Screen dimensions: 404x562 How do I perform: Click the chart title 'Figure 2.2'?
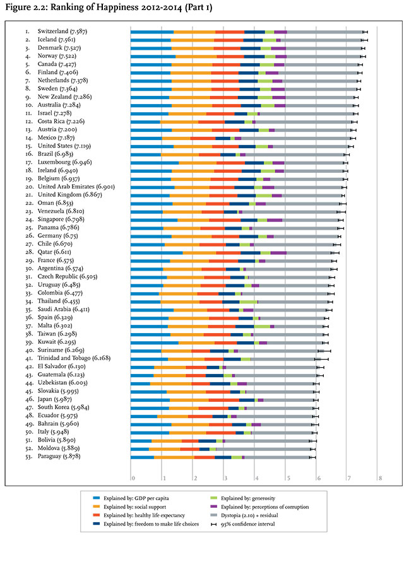pyautogui.click(x=25, y=7)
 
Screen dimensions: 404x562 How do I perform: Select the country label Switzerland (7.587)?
pyautogui.click(x=62, y=32)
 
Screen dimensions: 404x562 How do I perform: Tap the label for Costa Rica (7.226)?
pyautogui.click(x=61, y=122)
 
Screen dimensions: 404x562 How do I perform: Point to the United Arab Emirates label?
pyautogui.click(x=76, y=187)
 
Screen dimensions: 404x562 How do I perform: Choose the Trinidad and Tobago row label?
pyautogui.click(x=74, y=358)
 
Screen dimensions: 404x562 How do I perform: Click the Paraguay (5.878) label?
pyautogui.click(x=59, y=456)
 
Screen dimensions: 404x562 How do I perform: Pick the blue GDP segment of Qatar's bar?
pyautogui.click(x=157, y=253)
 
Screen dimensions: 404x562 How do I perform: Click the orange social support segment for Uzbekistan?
pyautogui.click(x=171, y=383)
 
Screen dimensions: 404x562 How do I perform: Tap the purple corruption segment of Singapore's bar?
pyautogui.click(x=275, y=220)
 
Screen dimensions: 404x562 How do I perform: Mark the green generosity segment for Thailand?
pyautogui.click(x=248, y=301)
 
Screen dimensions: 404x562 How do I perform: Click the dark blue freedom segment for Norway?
pyautogui.click(x=254, y=57)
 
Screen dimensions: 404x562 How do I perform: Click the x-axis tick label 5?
pyautogui.click(x=288, y=477)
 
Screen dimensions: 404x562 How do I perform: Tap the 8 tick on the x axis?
pyautogui.click(x=380, y=477)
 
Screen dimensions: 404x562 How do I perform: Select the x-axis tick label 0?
pyautogui.click(x=133, y=477)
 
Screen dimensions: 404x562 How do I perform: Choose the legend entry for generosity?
pyautogui.click(x=243, y=498)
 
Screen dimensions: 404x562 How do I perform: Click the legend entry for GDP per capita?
pyautogui.click(x=131, y=498)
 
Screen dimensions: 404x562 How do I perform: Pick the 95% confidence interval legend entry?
pyautogui.click(x=243, y=524)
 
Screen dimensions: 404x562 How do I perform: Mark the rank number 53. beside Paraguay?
pyautogui.click(x=29, y=456)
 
